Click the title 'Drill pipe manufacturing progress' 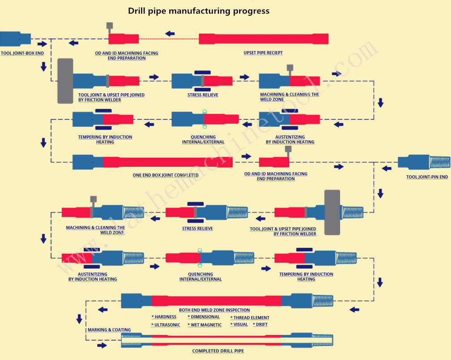coord(199,10)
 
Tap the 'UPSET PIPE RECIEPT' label coord(263,53)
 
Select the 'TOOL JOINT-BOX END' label coord(22,53)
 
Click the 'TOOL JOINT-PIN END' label coord(427,177)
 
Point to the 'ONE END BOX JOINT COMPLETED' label coord(166,175)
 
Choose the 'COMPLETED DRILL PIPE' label coord(218,351)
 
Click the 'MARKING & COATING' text coord(109,330)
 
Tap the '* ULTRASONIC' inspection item coord(166,325)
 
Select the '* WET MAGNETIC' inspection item coord(205,325)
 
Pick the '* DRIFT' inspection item coord(260,324)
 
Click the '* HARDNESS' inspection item coord(164,317)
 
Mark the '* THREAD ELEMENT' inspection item coord(250,317)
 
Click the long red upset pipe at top coord(263,39)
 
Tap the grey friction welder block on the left coord(65,81)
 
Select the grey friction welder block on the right coord(332,212)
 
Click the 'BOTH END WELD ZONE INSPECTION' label coord(215,310)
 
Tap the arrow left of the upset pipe coord(170,34)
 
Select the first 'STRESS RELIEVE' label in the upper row coord(203,95)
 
